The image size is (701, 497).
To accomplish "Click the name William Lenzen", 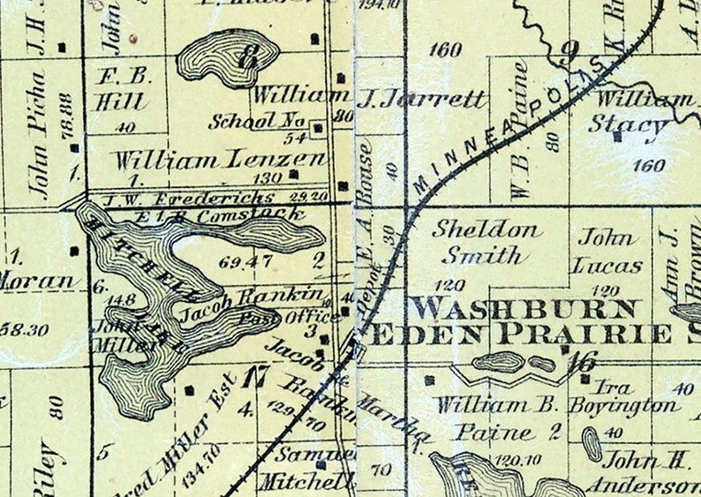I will [219, 161].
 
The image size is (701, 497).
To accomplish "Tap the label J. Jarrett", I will [422, 99].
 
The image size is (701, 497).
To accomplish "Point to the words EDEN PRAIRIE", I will [520, 335].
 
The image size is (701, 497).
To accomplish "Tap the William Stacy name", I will [643, 112].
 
